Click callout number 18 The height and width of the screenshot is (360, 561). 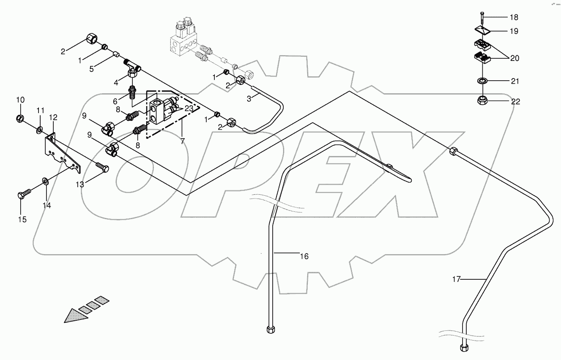point(514,18)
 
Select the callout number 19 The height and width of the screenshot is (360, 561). point(514,31)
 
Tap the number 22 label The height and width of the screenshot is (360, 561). point(515,102)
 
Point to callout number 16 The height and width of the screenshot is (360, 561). point(304,256)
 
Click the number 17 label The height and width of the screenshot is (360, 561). point(456,279)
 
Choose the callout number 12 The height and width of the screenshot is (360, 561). point(53,117)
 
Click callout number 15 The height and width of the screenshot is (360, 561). point(22,219)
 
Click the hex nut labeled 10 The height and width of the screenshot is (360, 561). point(20,117)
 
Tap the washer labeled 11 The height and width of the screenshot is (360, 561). point(39,128)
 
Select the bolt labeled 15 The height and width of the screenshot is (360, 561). point(25,195)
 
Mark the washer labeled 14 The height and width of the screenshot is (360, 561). point(45,182)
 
